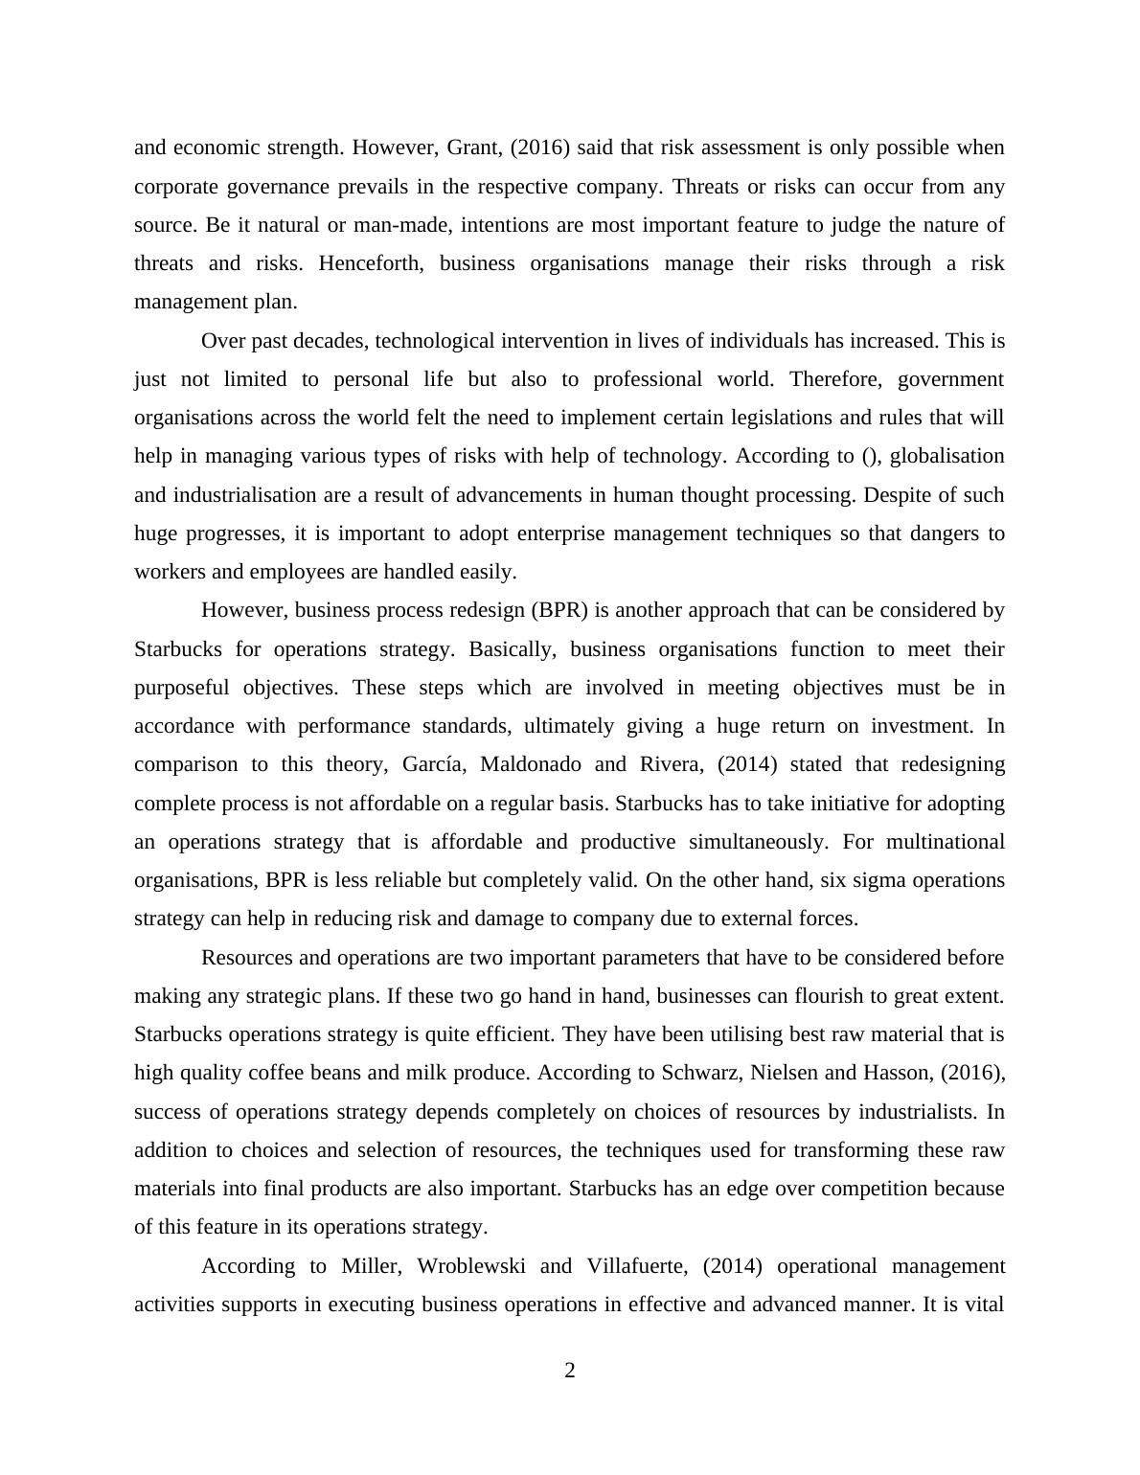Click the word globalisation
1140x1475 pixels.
tap(947, 456)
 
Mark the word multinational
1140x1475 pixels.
tap(946, 842)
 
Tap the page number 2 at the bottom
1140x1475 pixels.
tap(570, 1371)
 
